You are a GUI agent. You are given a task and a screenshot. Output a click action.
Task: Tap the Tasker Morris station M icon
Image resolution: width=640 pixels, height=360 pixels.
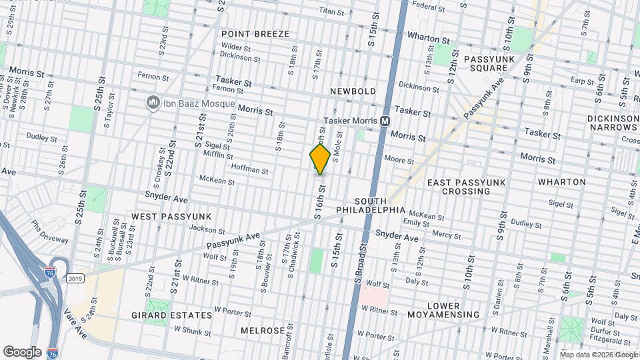(x=385, y=121)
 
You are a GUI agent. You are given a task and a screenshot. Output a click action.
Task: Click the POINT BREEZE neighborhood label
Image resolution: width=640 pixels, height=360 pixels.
(x=255, y=34)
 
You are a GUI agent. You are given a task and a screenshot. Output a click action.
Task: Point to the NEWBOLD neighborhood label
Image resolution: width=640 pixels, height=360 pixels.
(x=353, y=91)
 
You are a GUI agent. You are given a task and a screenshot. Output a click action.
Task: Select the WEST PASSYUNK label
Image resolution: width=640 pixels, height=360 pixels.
(x=171, y=217)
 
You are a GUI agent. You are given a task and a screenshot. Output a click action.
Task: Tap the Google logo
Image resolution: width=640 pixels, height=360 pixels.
(x=22, y=351)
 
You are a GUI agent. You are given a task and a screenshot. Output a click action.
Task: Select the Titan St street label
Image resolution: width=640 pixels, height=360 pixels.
(x=331, y=11)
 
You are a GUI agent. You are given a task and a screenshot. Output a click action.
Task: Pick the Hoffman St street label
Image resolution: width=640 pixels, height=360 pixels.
(x=249, y=170)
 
